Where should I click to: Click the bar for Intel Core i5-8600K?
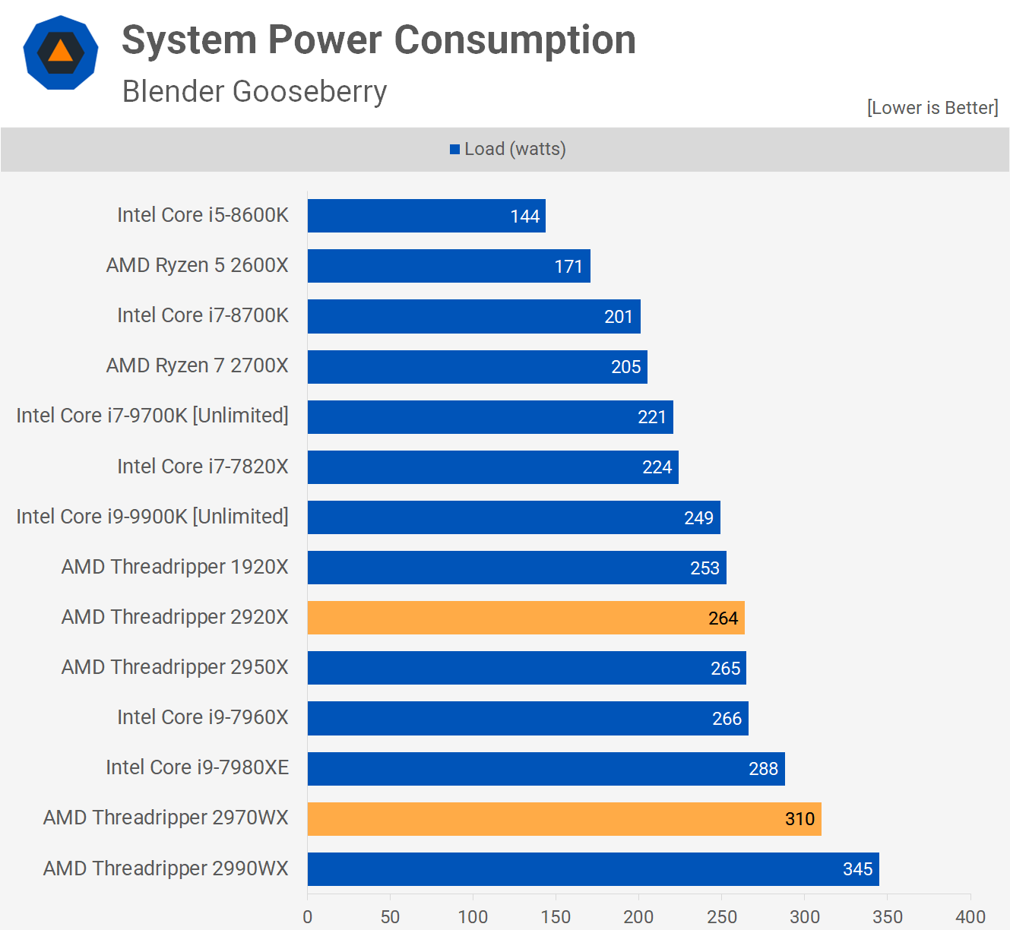(x=426, y=216)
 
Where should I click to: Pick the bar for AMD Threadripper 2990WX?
(x=593, y=869)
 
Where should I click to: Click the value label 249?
(x=698, y=518)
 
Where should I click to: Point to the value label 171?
(x=568, y=267)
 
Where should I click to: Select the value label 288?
(x=763, y=769)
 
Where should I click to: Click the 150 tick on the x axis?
(x=556, y=916)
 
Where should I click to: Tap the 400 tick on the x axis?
(x=970, y=916)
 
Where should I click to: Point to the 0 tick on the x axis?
(x=308, y=916)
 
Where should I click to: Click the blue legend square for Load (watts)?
(x=454, y=150)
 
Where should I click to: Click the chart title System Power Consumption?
(x=378, y=40)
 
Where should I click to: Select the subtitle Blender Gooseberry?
(x=255, y=91)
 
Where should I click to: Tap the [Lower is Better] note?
(x=932, y=108)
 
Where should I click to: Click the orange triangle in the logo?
(x=61, y=52)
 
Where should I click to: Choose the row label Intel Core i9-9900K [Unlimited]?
(x=152, y=517)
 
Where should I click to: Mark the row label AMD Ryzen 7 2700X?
(x=198, y=365)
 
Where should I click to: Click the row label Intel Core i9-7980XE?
(x=198, y=767)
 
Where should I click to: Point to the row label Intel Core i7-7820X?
(x=203, y=467)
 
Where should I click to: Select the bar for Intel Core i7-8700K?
(x=473, y=317)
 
